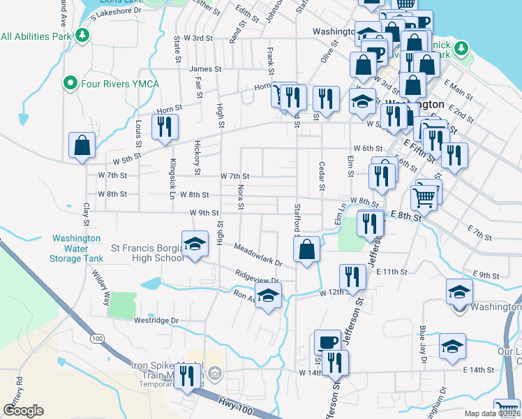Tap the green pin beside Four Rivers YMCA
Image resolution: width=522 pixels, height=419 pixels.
tap(70, 84)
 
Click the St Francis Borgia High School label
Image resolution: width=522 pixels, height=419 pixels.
tap(148, 252)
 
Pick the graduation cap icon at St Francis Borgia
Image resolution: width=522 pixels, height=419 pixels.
tap(195, 244)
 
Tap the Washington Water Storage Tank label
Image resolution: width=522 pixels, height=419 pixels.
tap(77, 248)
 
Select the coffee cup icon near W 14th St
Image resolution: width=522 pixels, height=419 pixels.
tap(328, 342)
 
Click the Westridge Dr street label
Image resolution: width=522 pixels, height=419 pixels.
tap(156, 321)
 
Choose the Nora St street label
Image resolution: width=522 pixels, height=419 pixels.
tap(241, 197)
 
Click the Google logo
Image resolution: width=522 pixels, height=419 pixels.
tap(24, 411)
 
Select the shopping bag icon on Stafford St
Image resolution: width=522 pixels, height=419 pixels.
tap(307, 249)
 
